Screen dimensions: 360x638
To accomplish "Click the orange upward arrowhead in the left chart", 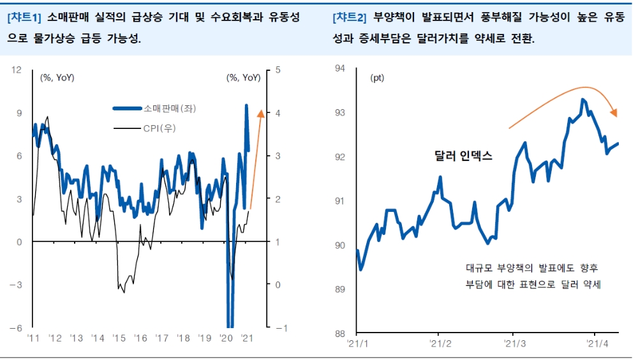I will point(260,114).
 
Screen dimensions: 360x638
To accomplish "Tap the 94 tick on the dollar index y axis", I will point(339,68).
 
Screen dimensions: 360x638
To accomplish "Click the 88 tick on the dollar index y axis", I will point(339,333).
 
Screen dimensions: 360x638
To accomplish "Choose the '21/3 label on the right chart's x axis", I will point(514,344).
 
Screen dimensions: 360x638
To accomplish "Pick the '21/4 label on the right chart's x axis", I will point(595,344).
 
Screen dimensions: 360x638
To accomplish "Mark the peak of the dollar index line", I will point(582,100).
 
